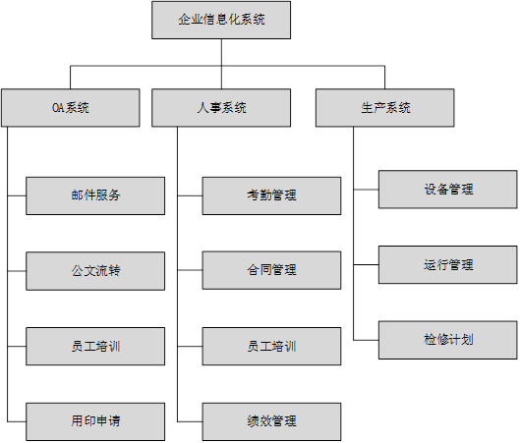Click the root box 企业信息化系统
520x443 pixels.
[x=221, y=20]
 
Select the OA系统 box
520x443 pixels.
[x=71, y=108]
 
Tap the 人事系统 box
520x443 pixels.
[x=221, y=108]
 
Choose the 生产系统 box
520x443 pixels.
[x=384, y=108]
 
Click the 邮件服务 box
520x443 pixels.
[x=95, y=195]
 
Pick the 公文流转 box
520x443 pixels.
[x=95, y=271]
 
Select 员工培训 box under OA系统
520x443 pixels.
[x=95, y=347]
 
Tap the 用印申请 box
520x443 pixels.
[x=95, y=421]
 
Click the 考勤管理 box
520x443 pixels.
[x=271, y=195]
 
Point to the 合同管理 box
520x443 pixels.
[x=271, y=270]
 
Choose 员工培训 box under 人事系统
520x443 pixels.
[x=271, y=347]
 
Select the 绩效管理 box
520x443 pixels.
[x=271, y=421]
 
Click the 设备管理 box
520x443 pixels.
[x=448, y=190]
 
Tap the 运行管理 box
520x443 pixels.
[x=448, y=265]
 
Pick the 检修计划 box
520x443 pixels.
[x=448, y=340]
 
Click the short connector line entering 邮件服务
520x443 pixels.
[x=17, y=195]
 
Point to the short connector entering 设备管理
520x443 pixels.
[x=366, y=190]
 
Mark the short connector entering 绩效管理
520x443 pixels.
[x=190, y=421]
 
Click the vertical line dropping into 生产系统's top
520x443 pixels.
[x=384, y=78]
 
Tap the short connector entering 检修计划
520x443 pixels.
[x=366, y=340]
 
